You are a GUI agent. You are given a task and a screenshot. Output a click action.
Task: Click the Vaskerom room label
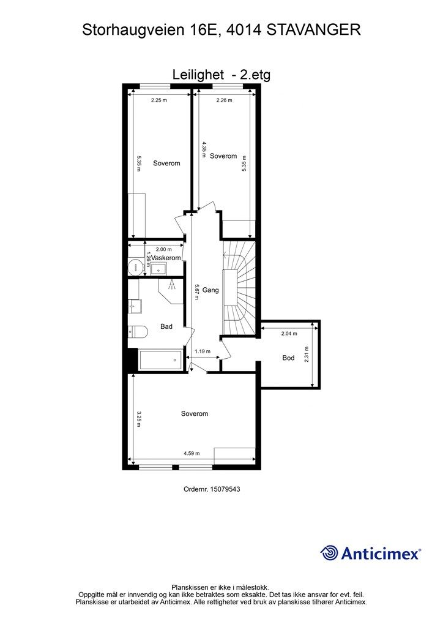point(166,258)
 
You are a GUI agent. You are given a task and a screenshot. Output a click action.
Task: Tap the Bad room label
point(166,327)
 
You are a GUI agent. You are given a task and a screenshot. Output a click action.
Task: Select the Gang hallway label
point(210,290)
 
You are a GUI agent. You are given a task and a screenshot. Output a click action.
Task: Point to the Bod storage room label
point(288,358)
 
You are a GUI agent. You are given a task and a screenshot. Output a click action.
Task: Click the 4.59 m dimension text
point(192,454)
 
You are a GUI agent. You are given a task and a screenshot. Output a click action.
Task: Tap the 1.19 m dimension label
point(202,351)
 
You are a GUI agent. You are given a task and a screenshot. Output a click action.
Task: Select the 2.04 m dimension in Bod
point(289,334)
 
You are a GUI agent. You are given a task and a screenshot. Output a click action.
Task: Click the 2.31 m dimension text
point(307,355)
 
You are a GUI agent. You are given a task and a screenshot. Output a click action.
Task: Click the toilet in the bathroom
point(138,331)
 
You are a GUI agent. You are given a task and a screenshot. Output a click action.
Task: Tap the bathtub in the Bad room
point(160,360)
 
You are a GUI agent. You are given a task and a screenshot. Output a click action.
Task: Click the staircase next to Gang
point(239,288)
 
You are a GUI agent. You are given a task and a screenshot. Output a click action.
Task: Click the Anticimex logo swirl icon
point(329,553)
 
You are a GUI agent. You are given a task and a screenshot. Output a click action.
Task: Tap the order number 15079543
point(225,489)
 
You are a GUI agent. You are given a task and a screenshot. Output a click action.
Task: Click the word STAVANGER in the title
point(313,29)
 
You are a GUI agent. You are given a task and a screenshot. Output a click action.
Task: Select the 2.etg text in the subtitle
point(255,75)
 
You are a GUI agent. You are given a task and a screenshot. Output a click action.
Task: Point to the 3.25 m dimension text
point(139,419)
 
